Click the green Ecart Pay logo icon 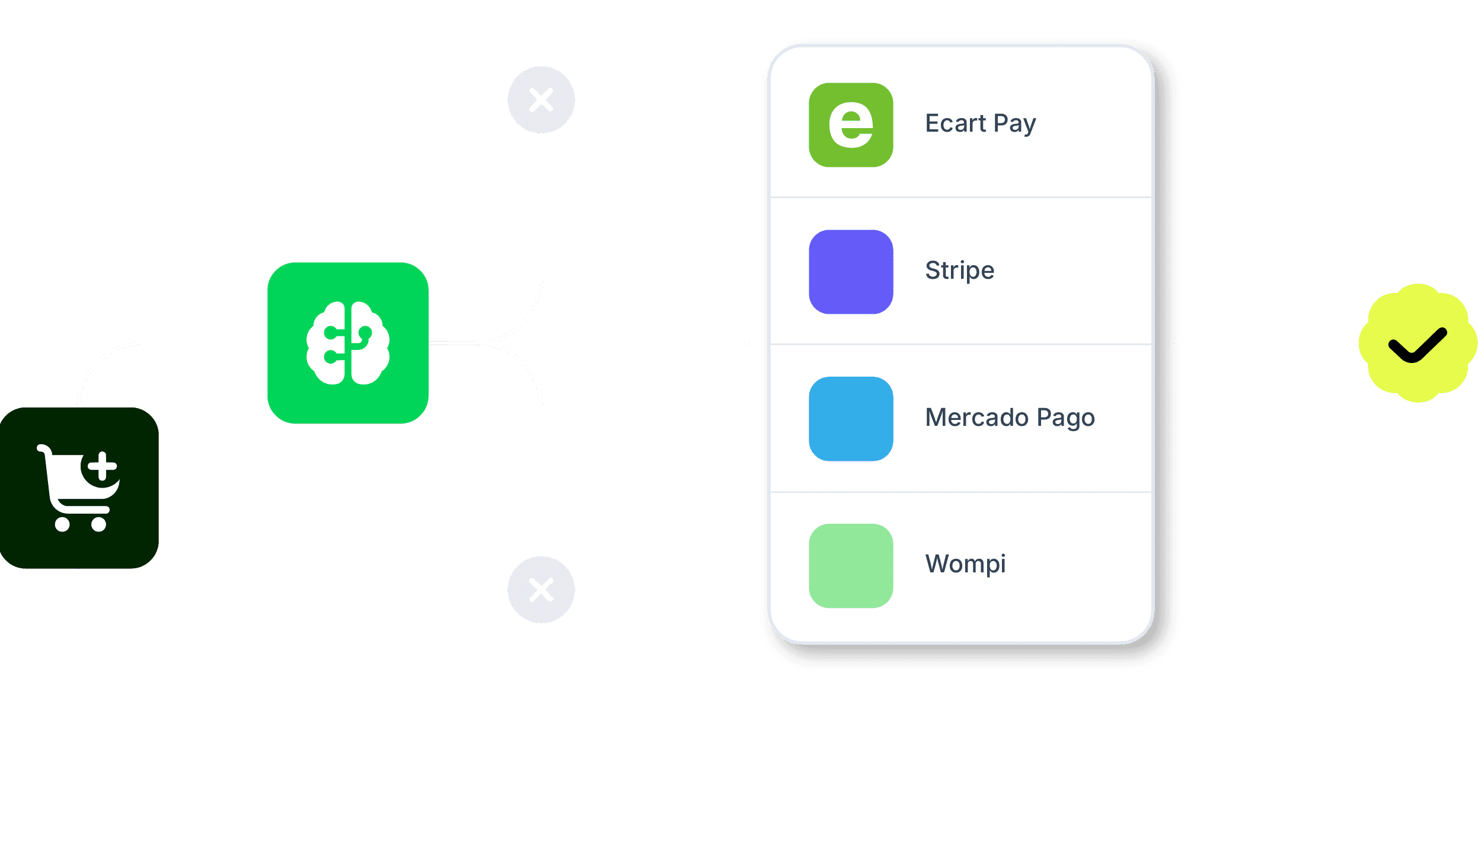(851, 125)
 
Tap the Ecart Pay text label (980, 123)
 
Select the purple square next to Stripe (851, 272)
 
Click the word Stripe (959, 270)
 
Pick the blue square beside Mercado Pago (851, 419)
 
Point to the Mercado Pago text (1010, 418)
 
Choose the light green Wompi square (851, 565)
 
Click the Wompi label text (965, 563)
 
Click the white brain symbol (348, 343)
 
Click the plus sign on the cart (103, 466)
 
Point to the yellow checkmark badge (1418, 343)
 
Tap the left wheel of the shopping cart (62, 524)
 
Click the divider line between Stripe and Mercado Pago (960, 344)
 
